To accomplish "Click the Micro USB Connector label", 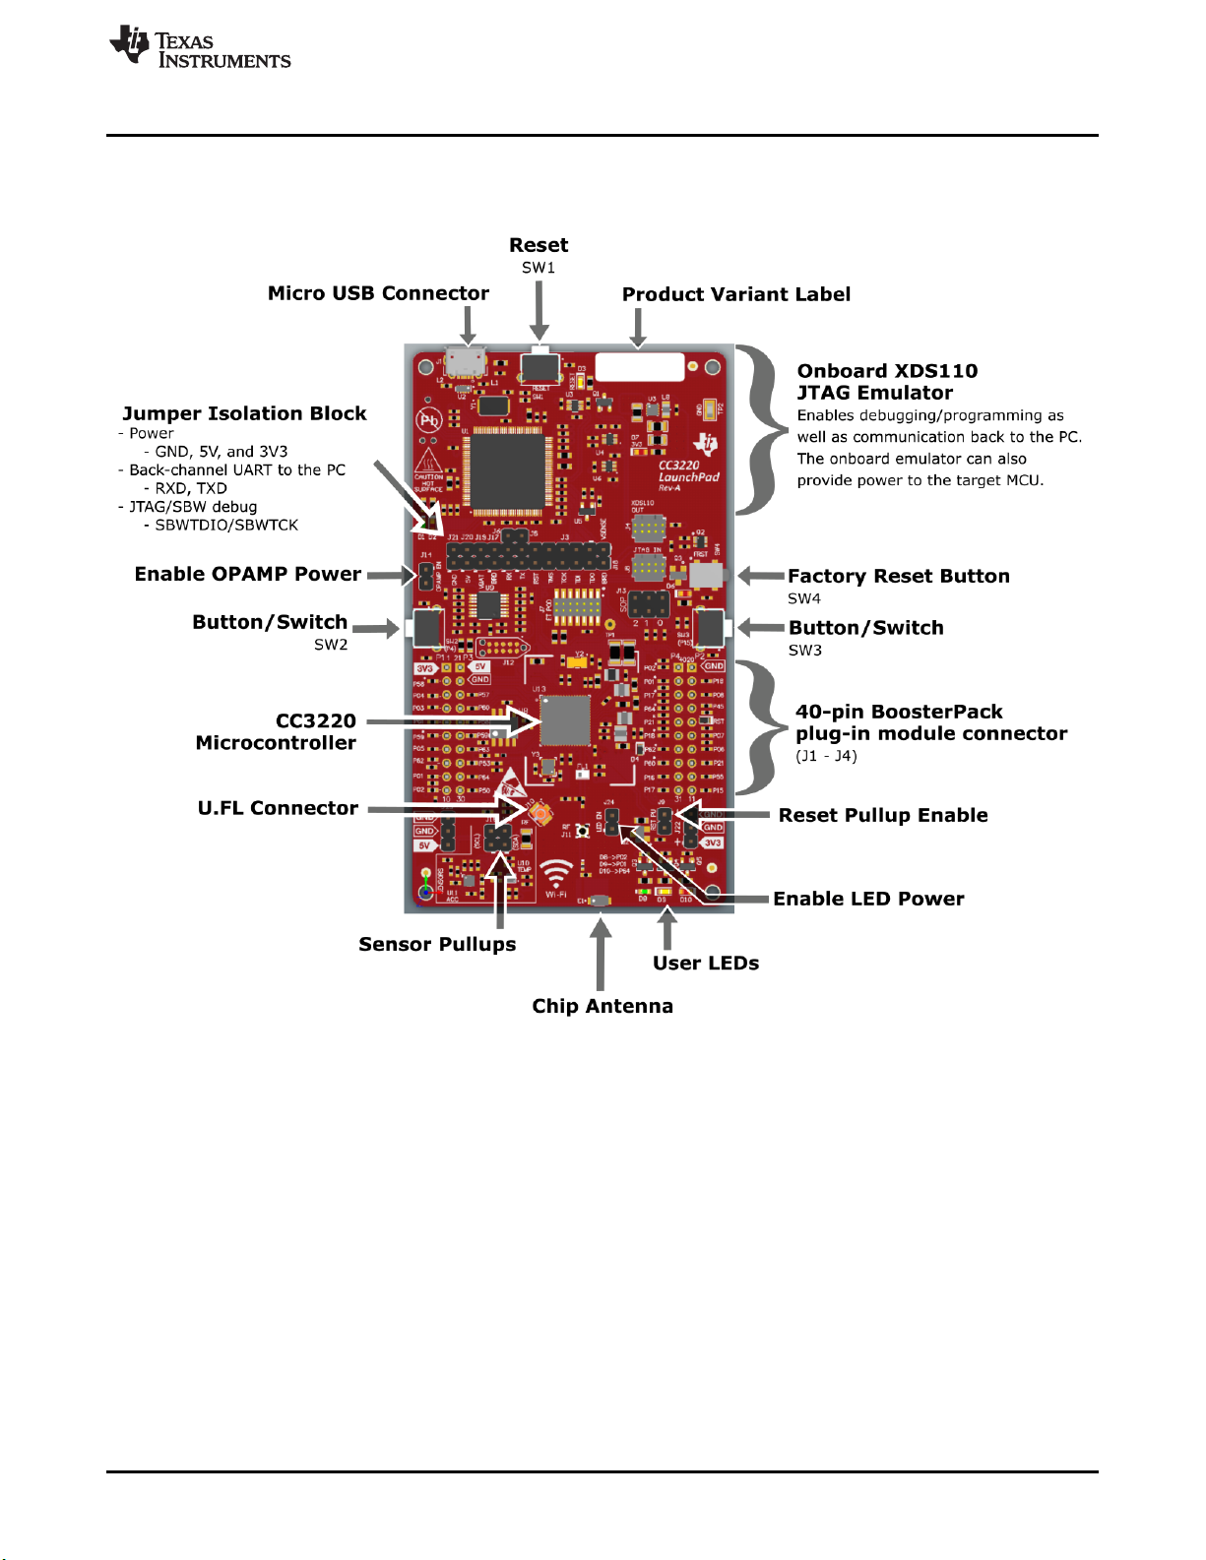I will point(378,293).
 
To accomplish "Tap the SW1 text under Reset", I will point(539,268).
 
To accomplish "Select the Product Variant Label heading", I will point(735,294).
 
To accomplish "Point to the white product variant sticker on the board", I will point(640,366).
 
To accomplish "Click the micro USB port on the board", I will point(466,361).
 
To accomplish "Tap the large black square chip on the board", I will point(509,469).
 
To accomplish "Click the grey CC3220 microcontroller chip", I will point(566,720).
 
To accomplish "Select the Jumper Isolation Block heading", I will point(244,413).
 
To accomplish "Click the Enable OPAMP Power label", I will point(248,574).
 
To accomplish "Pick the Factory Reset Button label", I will point(898,576).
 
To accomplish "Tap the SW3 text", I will point(804,651).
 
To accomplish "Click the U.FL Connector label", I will point(278,808).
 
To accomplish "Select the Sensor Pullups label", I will point(437,944).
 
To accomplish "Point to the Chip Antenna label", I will point(603,1006).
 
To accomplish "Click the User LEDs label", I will point(706,963).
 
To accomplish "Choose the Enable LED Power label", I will point(868,899).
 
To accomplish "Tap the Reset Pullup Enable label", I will point(883,815).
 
